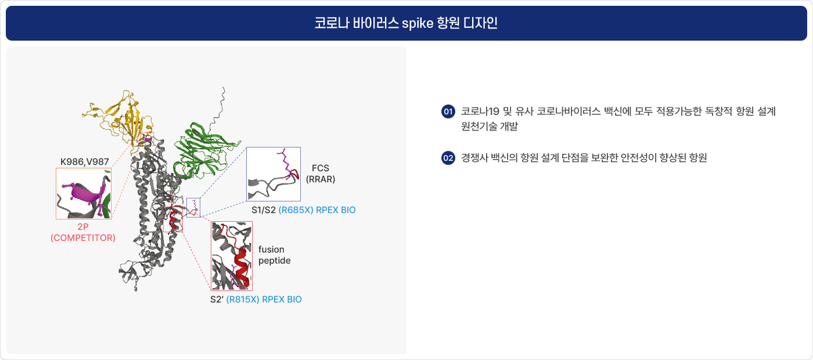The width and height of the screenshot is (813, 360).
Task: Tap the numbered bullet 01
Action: click(x=448, y=111)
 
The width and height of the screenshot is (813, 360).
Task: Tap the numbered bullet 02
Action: click(x=448, y=158)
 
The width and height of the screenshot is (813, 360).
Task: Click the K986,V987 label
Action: click(x=85, y=162)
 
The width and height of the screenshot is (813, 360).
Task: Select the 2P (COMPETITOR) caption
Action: click(x=83, y=232)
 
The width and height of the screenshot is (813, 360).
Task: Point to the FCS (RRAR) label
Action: click(x=321, y=174)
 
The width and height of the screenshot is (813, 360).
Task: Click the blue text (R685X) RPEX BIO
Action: click(x=317, y=210)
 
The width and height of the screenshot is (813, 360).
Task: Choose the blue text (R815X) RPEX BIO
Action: click(x=264, y=300)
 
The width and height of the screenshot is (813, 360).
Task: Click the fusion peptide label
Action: click(x=274, y=255)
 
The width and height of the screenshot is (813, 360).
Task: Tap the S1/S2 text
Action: click(x=264, y=210)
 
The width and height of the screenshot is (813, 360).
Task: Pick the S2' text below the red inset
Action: click(x=217, y=300)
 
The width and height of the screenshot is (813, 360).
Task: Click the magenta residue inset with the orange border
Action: click(x=84, y=193)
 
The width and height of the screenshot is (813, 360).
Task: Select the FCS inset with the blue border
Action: click(x=274, y=174)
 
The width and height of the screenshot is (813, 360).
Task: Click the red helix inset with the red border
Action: click(x=232, y=256)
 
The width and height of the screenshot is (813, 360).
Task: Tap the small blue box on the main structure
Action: click(x=193, y=208)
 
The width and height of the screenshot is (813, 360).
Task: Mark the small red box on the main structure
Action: click(x=173, y=219)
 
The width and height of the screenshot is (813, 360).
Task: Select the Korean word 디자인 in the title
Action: click(x=480, y=23)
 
